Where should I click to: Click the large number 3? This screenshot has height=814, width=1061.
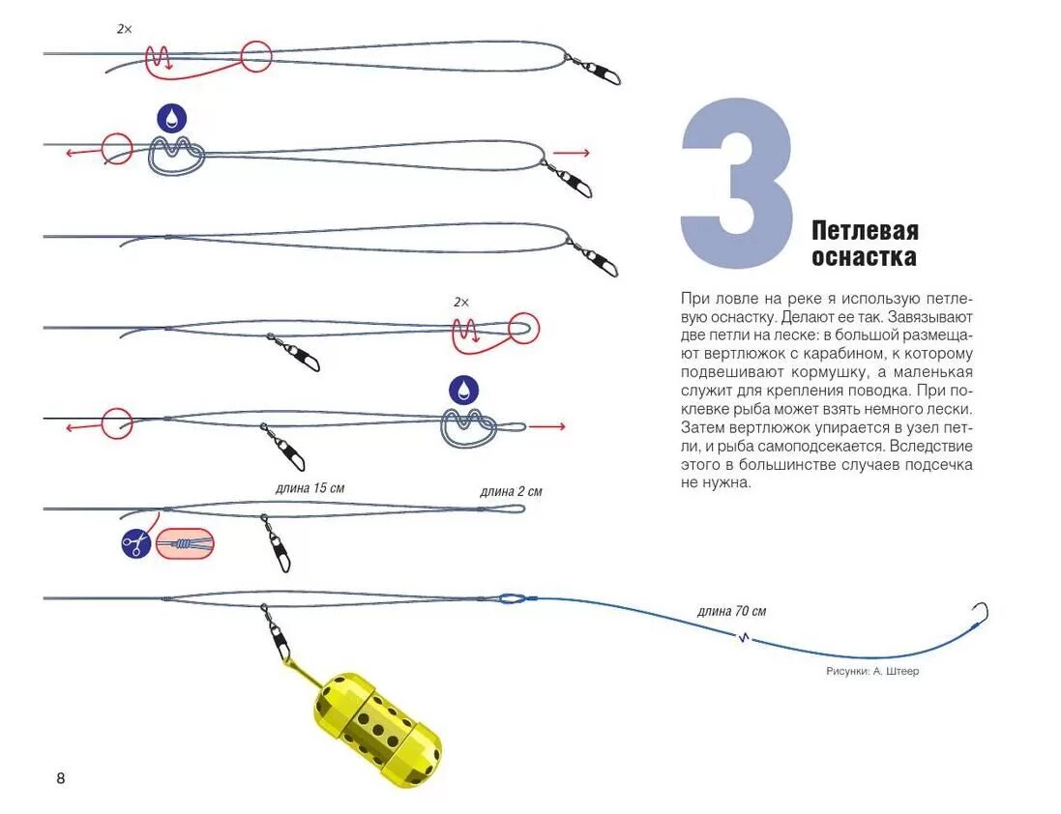737,183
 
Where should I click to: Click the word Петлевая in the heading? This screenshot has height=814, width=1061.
865,231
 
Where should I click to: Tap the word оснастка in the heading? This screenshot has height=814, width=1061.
864,258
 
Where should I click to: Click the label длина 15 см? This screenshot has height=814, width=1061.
309,488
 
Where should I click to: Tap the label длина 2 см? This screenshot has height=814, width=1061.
511,491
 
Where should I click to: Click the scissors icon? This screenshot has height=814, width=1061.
136,544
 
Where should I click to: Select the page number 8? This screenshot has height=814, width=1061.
61,778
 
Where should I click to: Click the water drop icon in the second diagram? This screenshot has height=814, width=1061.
172,119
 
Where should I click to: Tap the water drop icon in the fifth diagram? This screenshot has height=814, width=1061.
463,390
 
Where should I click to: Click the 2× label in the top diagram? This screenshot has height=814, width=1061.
124,30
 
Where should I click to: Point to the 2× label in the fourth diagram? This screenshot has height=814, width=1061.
461,302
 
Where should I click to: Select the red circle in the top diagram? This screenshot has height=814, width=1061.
256,56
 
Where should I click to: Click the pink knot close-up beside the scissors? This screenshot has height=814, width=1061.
185,544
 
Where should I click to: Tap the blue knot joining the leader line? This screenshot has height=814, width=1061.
513,598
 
